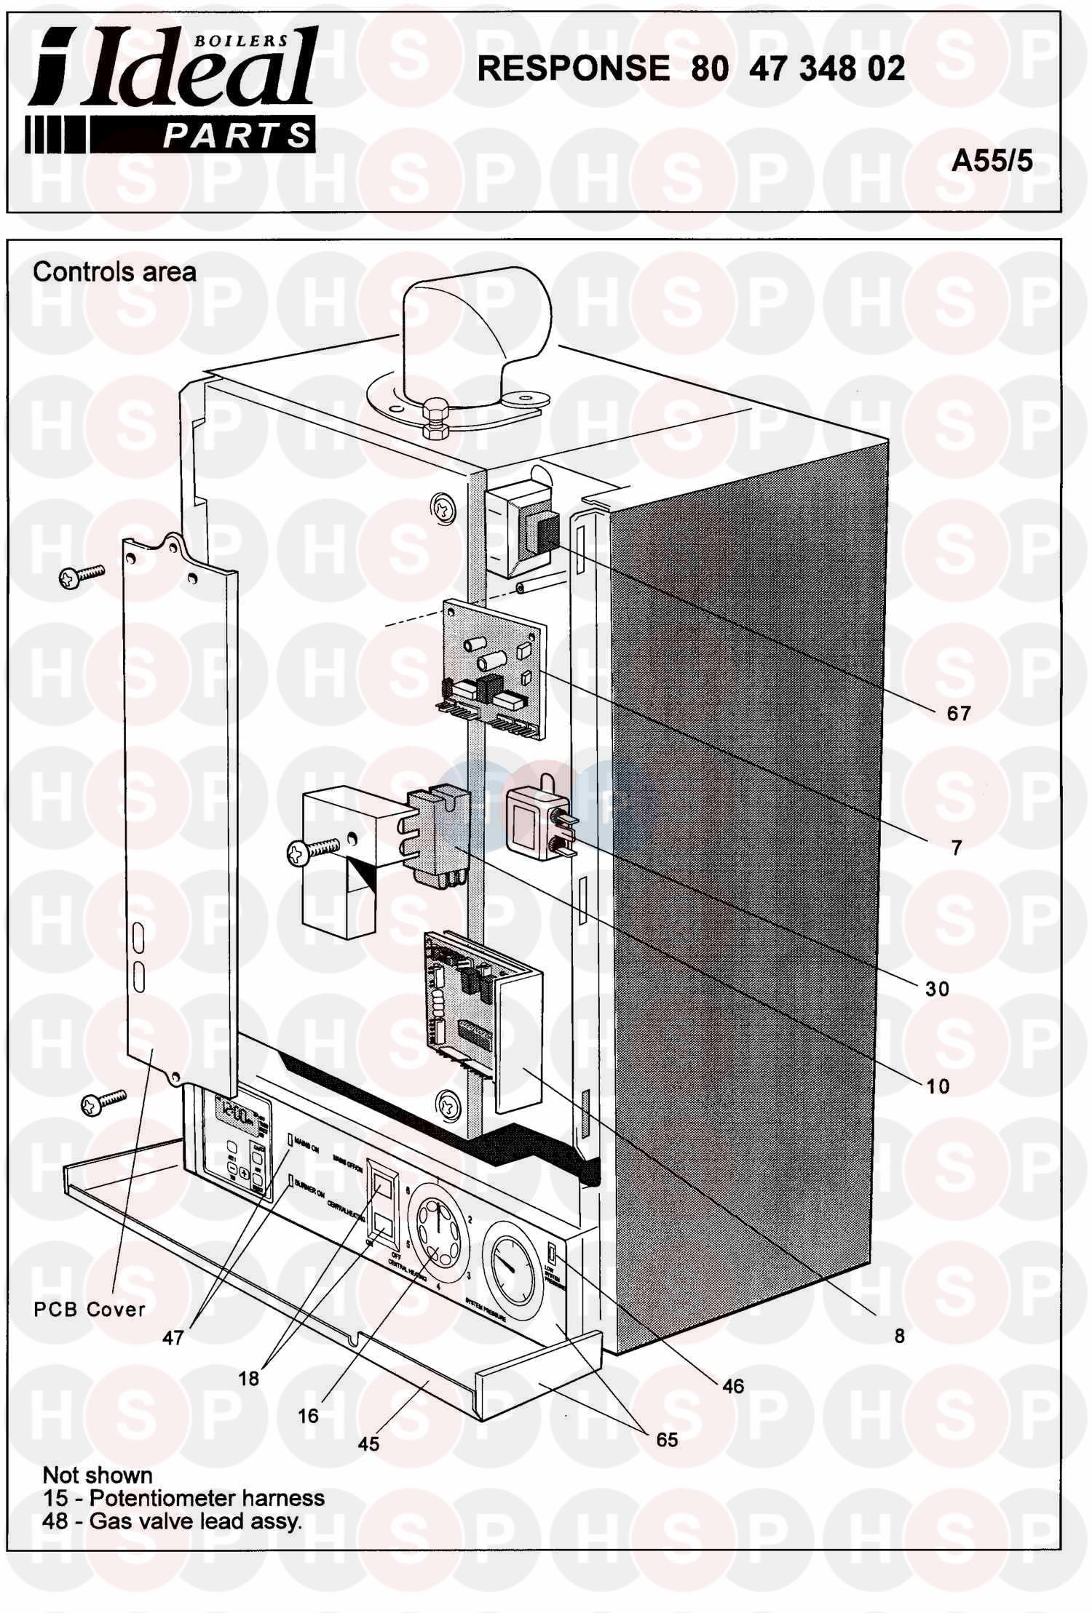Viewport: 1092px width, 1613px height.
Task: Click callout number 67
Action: pyautogui.click(x=959, y=713)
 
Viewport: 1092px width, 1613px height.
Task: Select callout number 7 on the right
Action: pyautogui.click(x=957, y=848)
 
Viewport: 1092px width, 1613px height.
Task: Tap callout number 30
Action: pyautogui.click(x=938, y=989)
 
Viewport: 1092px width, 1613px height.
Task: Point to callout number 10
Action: pyautogui.click(x=938, y=1086)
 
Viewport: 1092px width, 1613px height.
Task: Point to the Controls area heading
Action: pyautogui.click(x=114, y=272)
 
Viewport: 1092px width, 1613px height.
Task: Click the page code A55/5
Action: pyautogui.click(x=992, y=161)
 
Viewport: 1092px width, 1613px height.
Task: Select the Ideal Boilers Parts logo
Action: pyautogui.click(x=172, y=90)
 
